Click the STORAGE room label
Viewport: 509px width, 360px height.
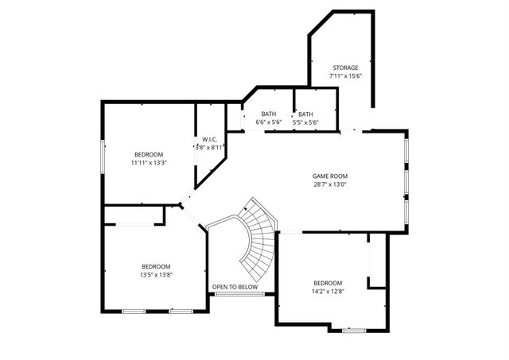pos(345,68)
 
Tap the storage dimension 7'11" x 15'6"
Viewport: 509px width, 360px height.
pos(345,76)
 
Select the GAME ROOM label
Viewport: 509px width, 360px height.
pos(329,176)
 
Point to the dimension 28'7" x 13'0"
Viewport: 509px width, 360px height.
pos(329,184)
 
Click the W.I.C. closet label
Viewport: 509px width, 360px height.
pos(210,139)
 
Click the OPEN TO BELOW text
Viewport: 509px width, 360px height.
pos(240,287)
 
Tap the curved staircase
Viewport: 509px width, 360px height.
pos(256,238)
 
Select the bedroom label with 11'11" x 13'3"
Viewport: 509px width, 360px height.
pos(149,154)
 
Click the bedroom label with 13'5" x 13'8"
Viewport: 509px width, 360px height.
pos(156,266)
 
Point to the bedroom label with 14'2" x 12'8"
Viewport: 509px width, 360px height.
pos(328,283)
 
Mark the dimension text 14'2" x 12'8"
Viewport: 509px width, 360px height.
pos(328,292)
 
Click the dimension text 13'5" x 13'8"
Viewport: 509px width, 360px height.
pos(156,275)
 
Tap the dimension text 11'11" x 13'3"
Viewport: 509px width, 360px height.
pos(149,163)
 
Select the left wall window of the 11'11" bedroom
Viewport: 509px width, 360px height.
pos(102,155)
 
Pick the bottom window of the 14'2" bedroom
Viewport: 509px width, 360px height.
pos(353,329)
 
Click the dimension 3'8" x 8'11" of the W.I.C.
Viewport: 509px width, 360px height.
pos(211,147)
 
